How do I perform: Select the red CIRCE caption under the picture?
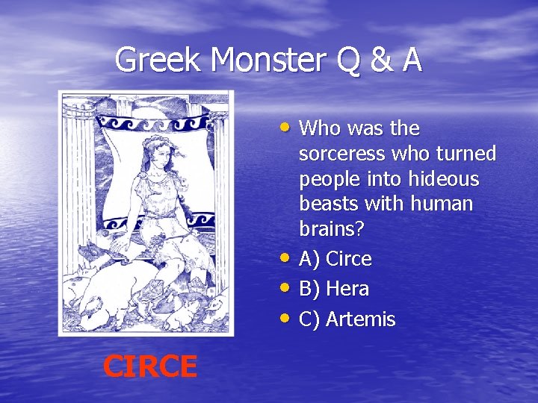pyautogui.click(x=149, y=366)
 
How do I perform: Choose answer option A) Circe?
pyautogui.click(x=335, y=259)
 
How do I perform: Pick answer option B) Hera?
pyautogui.click(x=333, y=289)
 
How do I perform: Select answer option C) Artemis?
pyautogui.click(x=347, y=319)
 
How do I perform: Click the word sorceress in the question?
pyautogui.click(x=340, y=154)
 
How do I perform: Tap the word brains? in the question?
pyautogui.click(x=331, y=228)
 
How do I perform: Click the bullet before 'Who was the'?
pyautogui.click(x=288, y=126)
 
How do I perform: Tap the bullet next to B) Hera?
pyautogui.click(x=288, y=287)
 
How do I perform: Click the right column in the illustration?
pyautogui.click(x=221, y=187)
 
